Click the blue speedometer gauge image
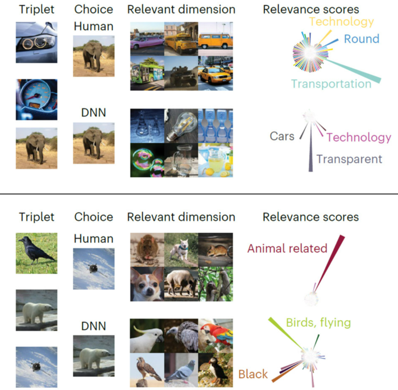pos(36,99)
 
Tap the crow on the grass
pos(36,253)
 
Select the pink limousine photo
pos(147,39)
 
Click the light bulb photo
pos(181,126)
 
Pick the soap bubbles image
pos(147,160)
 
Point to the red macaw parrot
pos(215,336)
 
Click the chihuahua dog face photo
pos(147,284)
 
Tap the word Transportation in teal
pos(331,84)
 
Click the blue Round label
pos(362,39)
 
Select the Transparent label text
pos(349,159)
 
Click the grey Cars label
pos(282,136)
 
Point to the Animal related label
pos(287,248)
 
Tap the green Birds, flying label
pos(318,323)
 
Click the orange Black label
pos(253,374)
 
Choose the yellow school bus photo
pos(181,39)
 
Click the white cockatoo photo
pos(147,336)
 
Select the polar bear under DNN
pos(94,356)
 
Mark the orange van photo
pos(215,39)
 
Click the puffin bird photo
pos(215,370)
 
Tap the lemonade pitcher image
pos(215,160)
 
